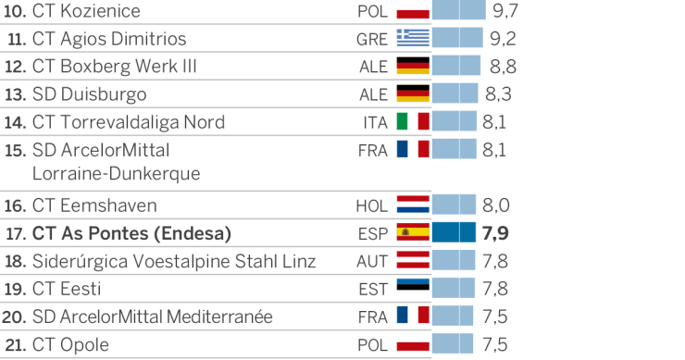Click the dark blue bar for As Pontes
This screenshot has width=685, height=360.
[x=454, y=233]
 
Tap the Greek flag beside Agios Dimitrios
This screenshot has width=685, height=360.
[x=413, y=39]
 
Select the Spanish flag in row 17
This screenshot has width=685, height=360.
[x=413, y=233]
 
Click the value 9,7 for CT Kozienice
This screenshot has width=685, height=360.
[x=505, y=11]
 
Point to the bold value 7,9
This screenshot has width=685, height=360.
[x=496, y=233]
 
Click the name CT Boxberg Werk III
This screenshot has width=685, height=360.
[x=114, y=67]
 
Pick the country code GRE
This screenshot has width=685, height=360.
[x=372, y=40]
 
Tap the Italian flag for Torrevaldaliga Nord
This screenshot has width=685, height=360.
[x=413, y=122]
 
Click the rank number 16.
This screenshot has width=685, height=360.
[x=15, y=205]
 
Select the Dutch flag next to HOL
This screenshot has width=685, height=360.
[x=413, y=205]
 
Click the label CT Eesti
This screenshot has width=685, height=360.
[x=67, y=289]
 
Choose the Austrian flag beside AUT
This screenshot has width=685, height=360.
[x=413, y=261]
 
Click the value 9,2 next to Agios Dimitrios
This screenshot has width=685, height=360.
[x=502, y=39]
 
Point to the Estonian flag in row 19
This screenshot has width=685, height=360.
[x=413, y=289]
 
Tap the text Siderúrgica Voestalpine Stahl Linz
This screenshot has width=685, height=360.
[x=174, y=261]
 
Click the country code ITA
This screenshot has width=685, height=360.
[x=375, y=123]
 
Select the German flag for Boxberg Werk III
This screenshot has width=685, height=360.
[x=413, y=67]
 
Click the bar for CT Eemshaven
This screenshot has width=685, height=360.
[x=454, y=205]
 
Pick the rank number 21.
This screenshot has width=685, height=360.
[x=15, y=345]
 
